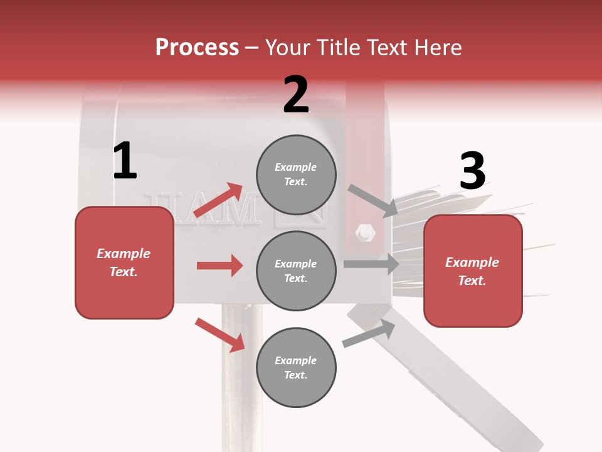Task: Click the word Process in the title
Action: pyautogui.click(x=197, y=48)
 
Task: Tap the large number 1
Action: pyautogui.click(x=125, y=161)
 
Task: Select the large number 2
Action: pyautogui.click(x=296, y=95)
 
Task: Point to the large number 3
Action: pyautogui.click(x=472, y=171)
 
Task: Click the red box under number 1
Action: pyautogui.click(x=124, y=262)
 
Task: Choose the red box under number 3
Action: pyautogui.click(x=473, y=271)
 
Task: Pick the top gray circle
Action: pyautogui.click(x=296, y=175)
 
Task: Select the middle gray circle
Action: pyautogui.click(x=296, y=271)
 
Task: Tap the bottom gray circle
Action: pyautogui.click(x=296, y=368)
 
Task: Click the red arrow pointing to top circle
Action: pyautogui.click(x=218, y=200)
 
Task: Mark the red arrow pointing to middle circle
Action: pyautogui.click(x=219, y=266)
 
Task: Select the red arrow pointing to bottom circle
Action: pyautogui.click(x=219, y=335)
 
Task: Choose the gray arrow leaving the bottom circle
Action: pyautogui.click(x=369, y=333)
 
